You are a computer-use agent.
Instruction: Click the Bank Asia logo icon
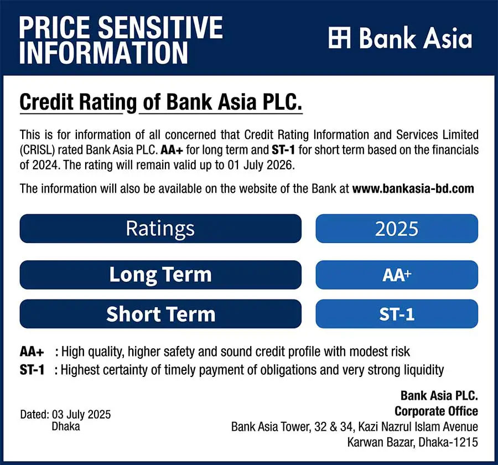[340, 38]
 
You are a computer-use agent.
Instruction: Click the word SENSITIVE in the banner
[160, 27]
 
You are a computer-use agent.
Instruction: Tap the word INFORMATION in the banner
[103, 53]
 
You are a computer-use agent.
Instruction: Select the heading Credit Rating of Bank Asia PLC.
[160, 102]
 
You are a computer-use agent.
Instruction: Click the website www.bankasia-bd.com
[413, 188]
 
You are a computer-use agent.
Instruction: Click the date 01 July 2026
[261, 165]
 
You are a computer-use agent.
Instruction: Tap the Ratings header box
[160, 229]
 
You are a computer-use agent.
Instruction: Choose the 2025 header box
[397, 229]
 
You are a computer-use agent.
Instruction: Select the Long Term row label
[160, 275]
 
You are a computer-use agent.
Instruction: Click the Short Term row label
[160, 314]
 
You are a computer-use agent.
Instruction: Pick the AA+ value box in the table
[397, 275]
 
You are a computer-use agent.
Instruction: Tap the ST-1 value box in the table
[397, 314]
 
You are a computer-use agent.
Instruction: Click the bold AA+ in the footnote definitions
[32, 352]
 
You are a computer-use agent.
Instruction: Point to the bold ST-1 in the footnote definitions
[32, 370]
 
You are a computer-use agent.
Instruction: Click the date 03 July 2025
[81, 415]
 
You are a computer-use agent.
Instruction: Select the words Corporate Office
[436, 411]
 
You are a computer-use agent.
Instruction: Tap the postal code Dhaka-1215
[448, 442]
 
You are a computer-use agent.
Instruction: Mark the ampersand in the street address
[333, 427]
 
